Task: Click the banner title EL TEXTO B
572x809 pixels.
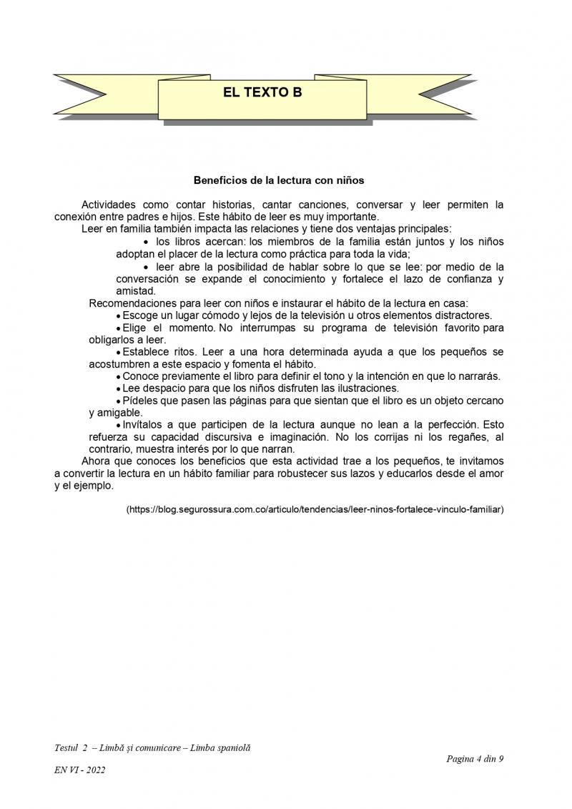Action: pos(262,92)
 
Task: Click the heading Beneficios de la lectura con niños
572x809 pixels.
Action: pos(279,180)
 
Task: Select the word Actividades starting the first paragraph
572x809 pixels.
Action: pos(109,205)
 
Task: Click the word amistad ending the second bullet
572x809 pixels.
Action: pos(135,291)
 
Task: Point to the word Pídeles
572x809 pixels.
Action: pos(142,401)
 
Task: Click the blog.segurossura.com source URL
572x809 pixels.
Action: pos(315,510)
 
